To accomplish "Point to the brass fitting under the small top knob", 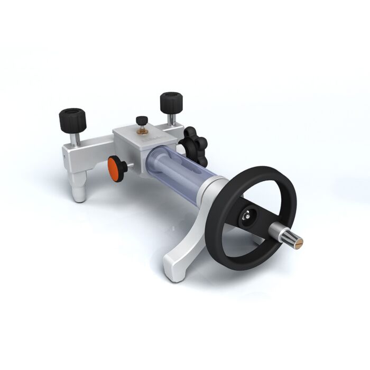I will pos(142,130).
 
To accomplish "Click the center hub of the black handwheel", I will pos(246,215).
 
